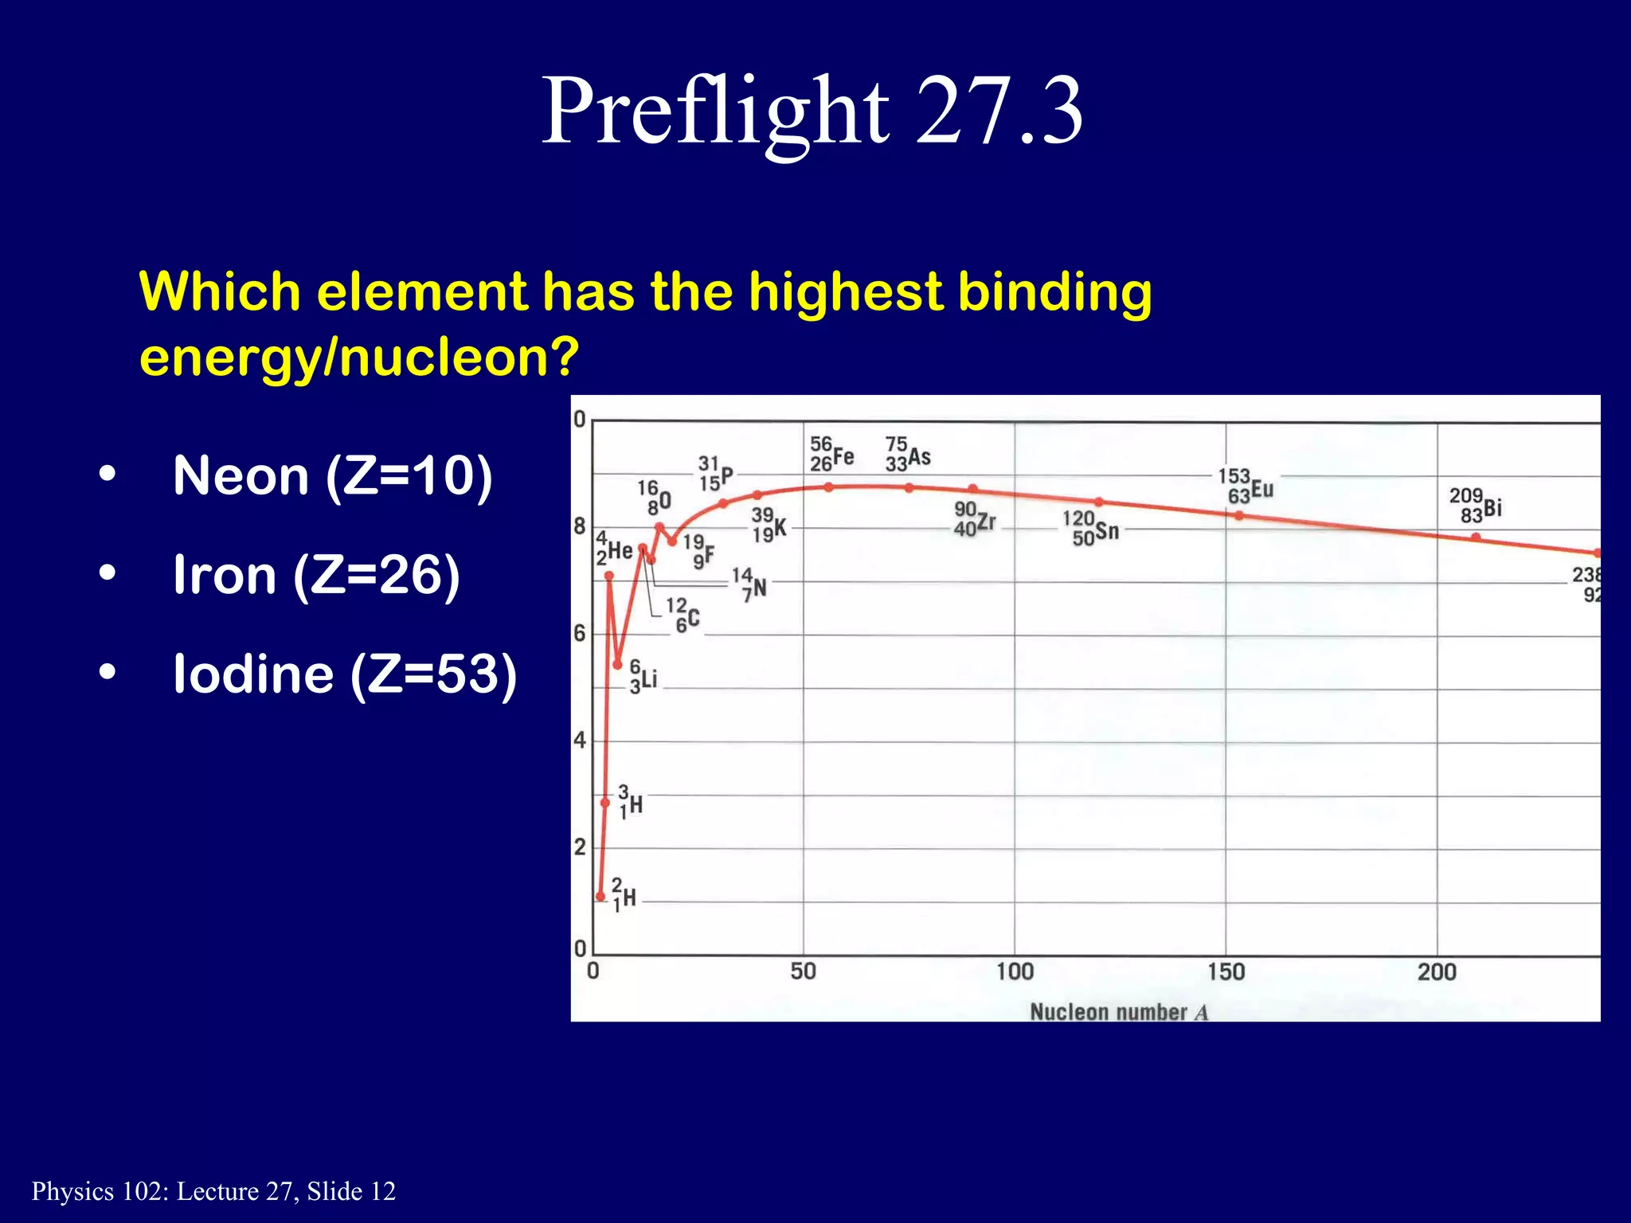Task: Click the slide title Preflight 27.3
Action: [812, 111]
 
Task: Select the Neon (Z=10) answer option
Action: [332, 476]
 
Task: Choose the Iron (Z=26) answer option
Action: [316, 575]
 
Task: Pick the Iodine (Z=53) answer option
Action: [345, 674]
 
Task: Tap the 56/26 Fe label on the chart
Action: [831, 454]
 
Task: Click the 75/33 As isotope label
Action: [907, 454]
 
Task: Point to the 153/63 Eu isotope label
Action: [1246, 486]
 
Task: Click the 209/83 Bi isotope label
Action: [1475, 506]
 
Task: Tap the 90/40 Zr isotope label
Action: [974, 519]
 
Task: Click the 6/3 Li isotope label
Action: [643, 677]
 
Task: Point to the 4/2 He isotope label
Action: [614, 549]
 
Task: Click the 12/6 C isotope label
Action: [683, 615]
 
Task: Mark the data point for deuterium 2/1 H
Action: [600, 897]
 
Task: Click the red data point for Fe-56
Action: [828, 487]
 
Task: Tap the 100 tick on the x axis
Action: [1015, 971]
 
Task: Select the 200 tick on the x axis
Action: [1437, 971]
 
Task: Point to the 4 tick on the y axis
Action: [580, 740]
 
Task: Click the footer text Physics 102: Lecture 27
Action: [213, 1191]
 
